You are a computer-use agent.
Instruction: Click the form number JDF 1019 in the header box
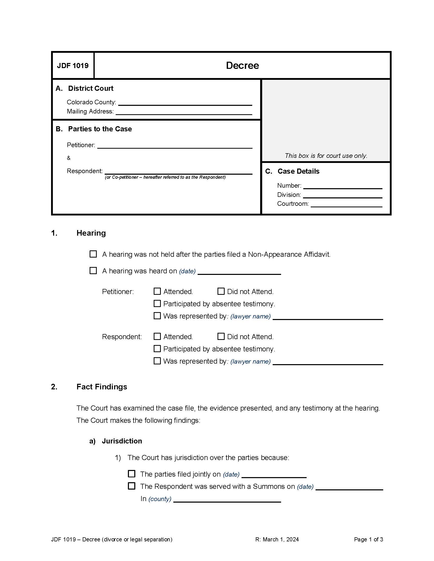tap(73, 66)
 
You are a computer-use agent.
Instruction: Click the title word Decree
tap(242, 66)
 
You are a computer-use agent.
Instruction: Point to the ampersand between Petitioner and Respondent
tap(69, 158)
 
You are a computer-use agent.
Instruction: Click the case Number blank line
tap(342, 186)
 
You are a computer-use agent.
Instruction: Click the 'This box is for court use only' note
tap(326, 156)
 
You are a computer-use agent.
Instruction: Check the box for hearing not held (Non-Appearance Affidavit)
tap(93, 254)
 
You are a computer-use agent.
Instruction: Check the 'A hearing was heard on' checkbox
tap(93, 271)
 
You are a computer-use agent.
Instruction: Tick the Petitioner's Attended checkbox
tap(157, 291)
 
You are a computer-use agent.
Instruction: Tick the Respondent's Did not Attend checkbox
tap(221, 336)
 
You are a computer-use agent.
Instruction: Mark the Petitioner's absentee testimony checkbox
tap(157, 303)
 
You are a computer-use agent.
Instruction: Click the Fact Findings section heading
tap(102, 387)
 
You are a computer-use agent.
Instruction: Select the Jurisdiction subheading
tap(122, 441)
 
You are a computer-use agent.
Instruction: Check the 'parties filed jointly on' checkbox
tap(131, 474)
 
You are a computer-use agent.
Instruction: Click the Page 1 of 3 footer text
tap(368, 539)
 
